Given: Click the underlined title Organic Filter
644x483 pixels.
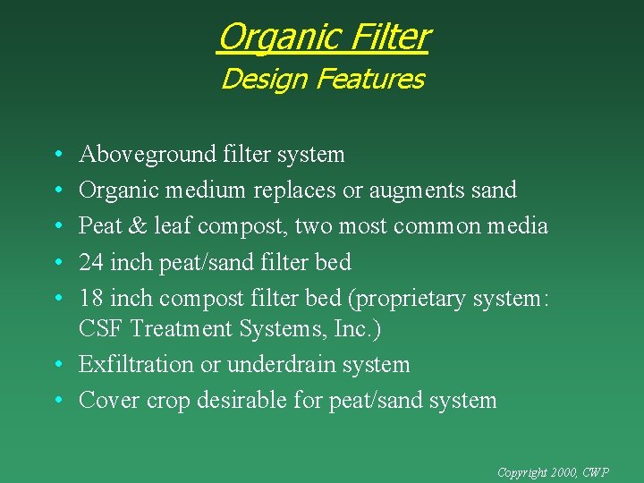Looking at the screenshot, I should (323, 38).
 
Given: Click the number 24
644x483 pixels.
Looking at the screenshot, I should (92, 262).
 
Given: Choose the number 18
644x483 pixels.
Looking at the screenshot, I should (92, 298).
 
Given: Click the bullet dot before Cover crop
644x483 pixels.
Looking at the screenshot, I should (56, 401).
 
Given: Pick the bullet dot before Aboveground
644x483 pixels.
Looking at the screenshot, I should (56, 156).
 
